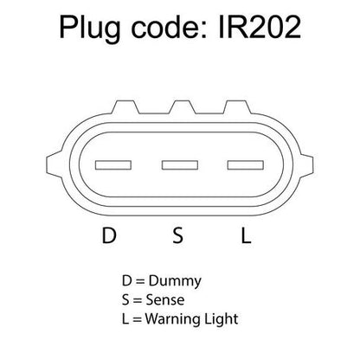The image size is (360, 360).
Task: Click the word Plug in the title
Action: (x=90, y=29)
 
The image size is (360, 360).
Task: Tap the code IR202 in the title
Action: (x=260, y=28)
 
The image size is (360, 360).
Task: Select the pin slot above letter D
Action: (x=113, y=165)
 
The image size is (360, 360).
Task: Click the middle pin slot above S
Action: (x=180, y=165)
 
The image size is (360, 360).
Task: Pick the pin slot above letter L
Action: (x=246, y=165)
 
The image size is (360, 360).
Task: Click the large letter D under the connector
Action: (x=109, y=235)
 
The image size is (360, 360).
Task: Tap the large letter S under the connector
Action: (x=177, y=235)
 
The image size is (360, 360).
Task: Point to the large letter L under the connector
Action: (x=246, y=235)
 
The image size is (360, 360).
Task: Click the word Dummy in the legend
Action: (x=175, y=281)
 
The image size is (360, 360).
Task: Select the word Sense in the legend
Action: (x=165, y=299)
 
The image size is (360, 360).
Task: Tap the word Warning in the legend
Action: (x=173, y=319)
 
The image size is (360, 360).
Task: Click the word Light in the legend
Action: (x=222, y=319)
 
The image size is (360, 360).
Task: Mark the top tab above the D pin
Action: (x=125, y=106)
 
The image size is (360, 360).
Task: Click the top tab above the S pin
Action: (x=182, y=106)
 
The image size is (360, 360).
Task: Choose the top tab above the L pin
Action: (x=237, y=106)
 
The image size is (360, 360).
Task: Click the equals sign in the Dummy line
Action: (x=140, y=281)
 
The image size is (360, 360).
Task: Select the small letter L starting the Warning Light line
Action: (x=125, y=318)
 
